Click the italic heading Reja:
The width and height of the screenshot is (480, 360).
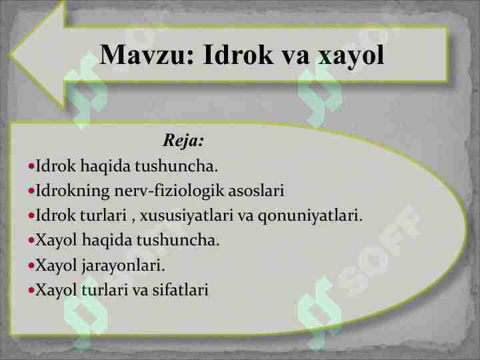pyautogui.click(x=183, y=141)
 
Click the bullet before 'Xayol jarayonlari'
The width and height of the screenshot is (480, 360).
pyautogui.click(x=31, y=266)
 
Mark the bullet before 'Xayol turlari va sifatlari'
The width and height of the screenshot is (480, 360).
pyautogui.click(x=31, y=291)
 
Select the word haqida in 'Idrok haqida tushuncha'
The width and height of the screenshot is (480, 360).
pyautogui.click(x=99, y=166)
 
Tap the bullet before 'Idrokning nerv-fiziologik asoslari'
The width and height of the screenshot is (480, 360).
pyautogui.click(x=31, y=192)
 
